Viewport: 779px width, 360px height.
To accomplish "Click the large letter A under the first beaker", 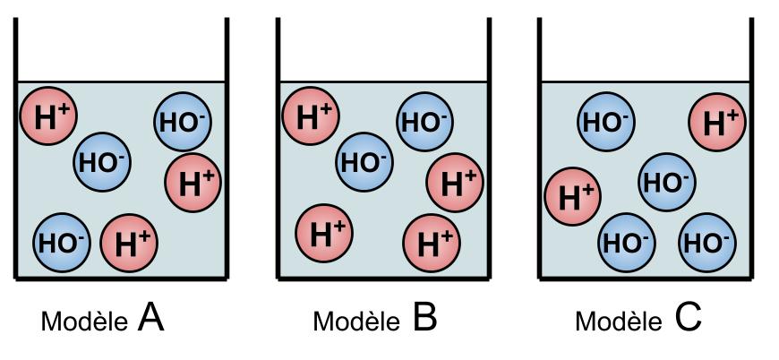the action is point(151,318).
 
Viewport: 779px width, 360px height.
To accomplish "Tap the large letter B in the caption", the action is point(424,318).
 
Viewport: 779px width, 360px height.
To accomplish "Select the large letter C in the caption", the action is point(689,318).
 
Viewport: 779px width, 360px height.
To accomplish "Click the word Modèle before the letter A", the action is point(84,321).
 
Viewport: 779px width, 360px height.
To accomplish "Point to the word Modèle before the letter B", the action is point(356,321).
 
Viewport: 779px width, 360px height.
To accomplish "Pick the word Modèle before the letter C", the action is point(619,321).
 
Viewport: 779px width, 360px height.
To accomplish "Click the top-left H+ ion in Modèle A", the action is point(48,116).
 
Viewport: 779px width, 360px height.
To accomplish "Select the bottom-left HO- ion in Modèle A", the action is point(62,243).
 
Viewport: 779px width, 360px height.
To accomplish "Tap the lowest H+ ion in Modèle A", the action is point(129,243).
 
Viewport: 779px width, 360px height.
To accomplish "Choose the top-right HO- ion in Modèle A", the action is point(183,122).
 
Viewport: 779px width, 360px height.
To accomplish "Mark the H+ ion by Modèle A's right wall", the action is point(193,183).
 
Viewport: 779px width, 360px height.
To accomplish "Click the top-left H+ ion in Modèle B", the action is point(311,116).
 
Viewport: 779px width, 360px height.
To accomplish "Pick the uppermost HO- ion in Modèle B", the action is point(424,122).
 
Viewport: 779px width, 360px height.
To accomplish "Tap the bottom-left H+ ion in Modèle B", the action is point(324,233).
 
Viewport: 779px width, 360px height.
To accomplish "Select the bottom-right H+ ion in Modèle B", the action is point(432,243).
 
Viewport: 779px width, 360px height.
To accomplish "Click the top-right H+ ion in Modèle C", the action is point(717,122).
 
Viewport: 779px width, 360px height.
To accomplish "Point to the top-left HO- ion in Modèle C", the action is point(606,122).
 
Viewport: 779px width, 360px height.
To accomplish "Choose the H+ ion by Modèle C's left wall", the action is point(573,196).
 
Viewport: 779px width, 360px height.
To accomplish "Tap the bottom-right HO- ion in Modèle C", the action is point(707,243).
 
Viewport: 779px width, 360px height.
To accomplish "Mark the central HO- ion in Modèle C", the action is point(667,182).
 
